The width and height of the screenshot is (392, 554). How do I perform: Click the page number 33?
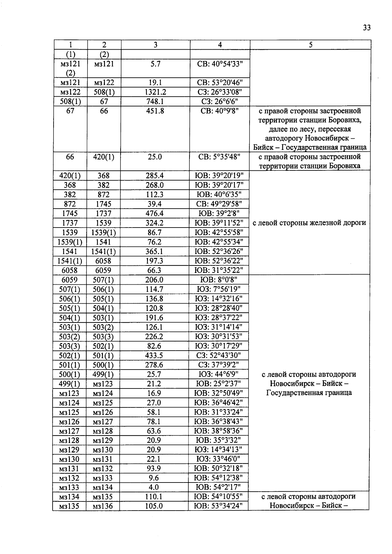(367, 28)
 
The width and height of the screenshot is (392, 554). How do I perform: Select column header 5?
(310, 45)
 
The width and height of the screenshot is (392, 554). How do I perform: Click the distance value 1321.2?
(155, 92)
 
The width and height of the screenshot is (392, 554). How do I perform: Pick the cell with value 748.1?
(155, 102)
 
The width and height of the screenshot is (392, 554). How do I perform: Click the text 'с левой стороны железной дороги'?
(309, 223)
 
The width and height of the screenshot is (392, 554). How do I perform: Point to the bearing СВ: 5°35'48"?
(220, 157)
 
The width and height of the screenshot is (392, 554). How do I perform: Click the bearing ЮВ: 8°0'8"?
(219, 280)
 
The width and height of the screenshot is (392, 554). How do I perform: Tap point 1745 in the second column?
(104, 204)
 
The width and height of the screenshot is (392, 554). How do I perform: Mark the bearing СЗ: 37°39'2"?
(219, 365)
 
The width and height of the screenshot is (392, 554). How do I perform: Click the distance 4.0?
(154, 487)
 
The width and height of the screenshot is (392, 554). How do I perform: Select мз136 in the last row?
(103, 506)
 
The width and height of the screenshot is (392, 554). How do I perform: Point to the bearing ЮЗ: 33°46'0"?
(218, 459)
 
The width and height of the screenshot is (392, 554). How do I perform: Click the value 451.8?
(155, 111)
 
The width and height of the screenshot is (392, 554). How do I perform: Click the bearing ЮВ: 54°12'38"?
(218, 478)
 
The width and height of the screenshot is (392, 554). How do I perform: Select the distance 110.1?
(154, 497)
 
